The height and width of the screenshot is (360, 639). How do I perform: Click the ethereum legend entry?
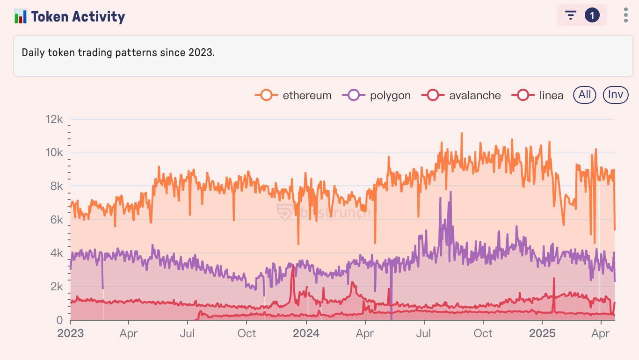(293, 95)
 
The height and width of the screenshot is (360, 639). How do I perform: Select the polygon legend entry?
(377, 95)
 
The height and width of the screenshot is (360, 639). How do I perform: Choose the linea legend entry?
(540, 95)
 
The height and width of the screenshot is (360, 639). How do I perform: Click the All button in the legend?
(585, 95)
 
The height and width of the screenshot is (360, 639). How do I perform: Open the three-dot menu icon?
(626, 15)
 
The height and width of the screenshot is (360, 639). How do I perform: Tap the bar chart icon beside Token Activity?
(21, 17)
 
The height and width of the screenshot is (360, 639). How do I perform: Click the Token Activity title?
(78, 17)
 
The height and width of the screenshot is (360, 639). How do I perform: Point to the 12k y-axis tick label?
(54, 120)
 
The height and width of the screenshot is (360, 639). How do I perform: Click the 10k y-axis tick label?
(54, 153)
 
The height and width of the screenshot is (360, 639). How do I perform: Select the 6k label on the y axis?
(56, 220)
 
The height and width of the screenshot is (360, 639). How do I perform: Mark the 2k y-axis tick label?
(56, 287)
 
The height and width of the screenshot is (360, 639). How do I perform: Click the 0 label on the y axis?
(59, 320)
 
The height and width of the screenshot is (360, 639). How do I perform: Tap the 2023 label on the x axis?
(71, 333)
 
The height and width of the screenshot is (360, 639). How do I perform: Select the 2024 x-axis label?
(306, 333)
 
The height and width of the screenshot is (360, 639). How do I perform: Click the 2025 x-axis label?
(542, 333)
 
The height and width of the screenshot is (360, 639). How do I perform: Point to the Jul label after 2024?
(424, 333)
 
